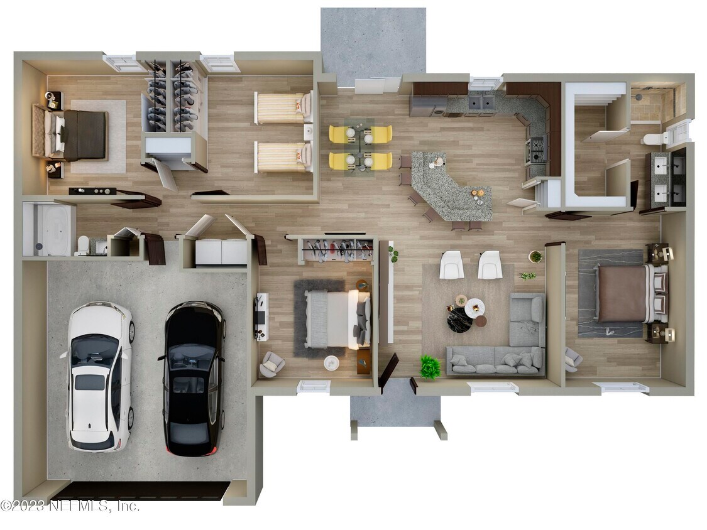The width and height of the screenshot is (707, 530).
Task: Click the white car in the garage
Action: point(99,376)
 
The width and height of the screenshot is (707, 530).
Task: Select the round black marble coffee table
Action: point(459,320)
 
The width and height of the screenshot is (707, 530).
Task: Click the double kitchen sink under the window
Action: point(481,103)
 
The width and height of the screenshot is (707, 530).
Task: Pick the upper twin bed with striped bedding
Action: point(283,108)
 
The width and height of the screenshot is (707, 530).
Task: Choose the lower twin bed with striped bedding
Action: point(283,157)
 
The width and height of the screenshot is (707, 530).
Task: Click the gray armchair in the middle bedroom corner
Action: point(272,364)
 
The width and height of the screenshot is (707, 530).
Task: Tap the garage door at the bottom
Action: point(146,491)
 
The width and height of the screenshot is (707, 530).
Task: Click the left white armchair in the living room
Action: point(452,264)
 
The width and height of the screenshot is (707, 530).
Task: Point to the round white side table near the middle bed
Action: point(331,363)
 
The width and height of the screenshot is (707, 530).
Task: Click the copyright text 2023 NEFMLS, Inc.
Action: point(69,506)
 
